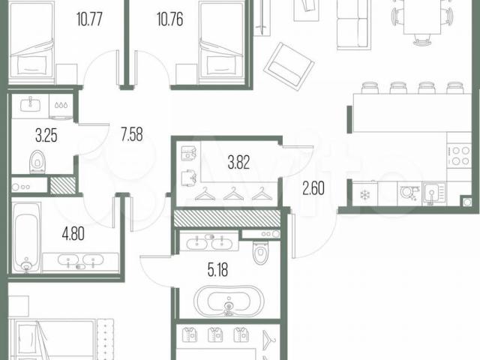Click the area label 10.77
89,19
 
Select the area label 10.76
170,19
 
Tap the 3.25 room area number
46,136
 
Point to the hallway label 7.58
132,134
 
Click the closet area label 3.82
238,162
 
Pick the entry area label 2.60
313,188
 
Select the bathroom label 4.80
73,234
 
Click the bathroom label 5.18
217,270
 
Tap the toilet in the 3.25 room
37,162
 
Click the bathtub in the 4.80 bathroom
27,238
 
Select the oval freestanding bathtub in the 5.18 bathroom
229,301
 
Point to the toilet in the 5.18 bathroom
261,252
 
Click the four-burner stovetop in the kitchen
458,155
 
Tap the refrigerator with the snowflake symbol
365,193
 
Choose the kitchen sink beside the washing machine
433,193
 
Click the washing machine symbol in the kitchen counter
409,193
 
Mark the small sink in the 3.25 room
30,104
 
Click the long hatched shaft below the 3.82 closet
226,218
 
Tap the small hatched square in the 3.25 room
62,185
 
